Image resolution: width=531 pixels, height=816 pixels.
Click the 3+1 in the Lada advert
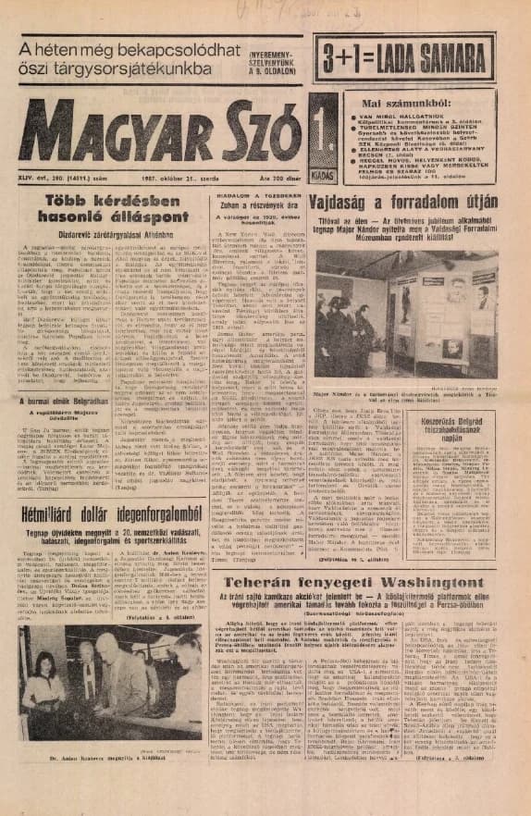pos(346,56)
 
